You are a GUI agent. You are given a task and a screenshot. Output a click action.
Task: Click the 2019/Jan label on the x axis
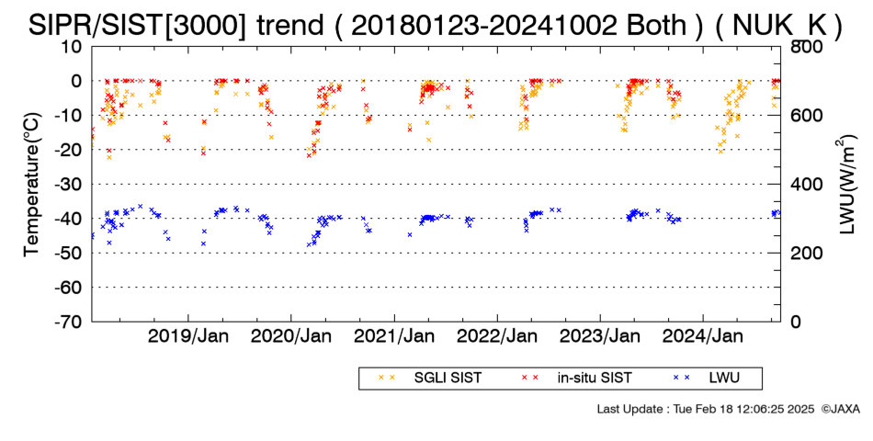point(188,337)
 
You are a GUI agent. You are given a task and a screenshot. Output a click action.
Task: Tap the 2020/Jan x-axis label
point(291,337)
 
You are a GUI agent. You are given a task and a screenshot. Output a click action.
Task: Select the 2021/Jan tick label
point(394,337)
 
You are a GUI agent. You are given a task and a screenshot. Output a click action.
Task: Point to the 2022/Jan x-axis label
point(497,337)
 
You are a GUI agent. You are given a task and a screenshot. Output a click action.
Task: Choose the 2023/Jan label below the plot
point(600,337)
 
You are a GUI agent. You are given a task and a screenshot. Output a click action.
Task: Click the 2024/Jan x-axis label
point(703,337)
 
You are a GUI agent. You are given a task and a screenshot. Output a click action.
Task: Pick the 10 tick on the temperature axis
point(72,47)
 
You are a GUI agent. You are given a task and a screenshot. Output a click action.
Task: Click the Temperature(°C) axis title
point(33,185)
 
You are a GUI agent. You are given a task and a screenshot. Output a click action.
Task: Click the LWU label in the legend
point(724,379)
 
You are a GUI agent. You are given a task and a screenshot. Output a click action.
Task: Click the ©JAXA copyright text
point(840,409)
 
